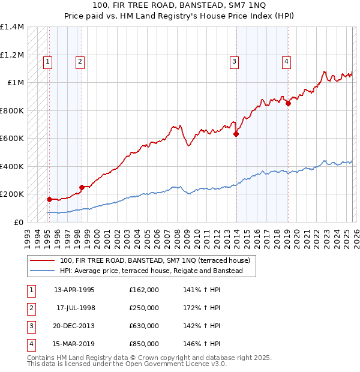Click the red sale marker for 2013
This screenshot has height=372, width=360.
tap(236, 134)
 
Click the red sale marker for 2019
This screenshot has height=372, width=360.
tap(288, 103)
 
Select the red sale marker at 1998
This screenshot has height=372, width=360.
tap(82, 187)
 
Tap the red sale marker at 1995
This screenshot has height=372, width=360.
tap(49, 199)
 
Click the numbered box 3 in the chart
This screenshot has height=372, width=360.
tap(235, 61)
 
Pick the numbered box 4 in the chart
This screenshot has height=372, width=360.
tap(287, 61)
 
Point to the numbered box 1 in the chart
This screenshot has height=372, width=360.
tap(47, 61)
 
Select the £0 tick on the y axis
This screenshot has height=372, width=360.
tap(18, 222)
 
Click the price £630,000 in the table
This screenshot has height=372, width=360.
tap(143, 326)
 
